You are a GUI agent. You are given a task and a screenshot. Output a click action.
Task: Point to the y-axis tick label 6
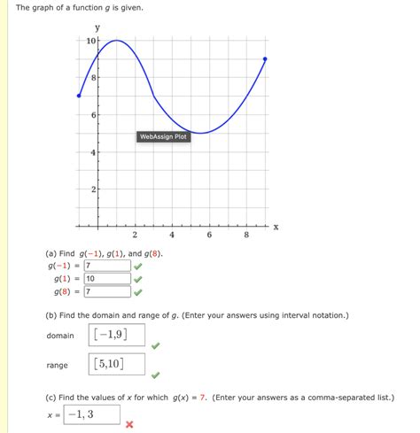93,116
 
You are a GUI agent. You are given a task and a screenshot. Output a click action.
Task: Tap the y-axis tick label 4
93,153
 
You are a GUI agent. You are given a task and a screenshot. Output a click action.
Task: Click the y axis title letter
97,27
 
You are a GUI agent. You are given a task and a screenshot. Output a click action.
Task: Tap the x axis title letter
276,227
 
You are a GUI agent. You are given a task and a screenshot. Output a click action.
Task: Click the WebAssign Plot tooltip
163,136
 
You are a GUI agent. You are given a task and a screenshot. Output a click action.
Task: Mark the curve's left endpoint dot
79,96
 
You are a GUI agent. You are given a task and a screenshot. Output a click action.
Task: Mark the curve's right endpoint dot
266,59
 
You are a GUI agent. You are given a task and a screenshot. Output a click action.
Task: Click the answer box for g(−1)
107,265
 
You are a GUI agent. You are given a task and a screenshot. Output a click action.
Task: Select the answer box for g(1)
107,278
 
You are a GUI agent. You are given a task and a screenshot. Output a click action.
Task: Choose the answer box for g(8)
107,291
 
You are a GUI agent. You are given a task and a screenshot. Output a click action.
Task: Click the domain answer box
117,335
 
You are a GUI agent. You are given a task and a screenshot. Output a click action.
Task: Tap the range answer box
117,364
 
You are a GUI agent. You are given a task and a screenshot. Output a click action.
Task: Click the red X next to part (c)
129,424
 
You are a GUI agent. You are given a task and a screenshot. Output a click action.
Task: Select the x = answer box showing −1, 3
91,414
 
